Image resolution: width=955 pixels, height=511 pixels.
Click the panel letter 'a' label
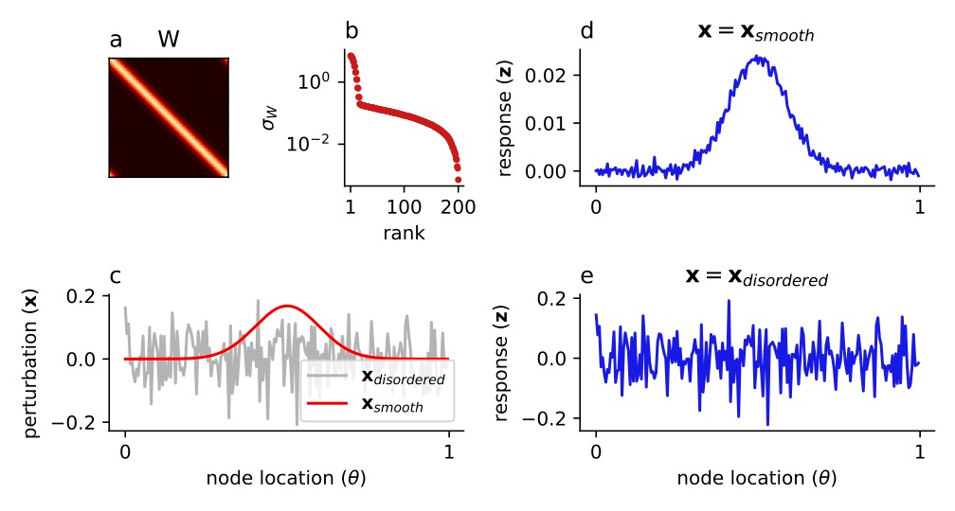(x=116, y=40)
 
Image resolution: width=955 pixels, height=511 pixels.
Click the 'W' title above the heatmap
(x=169, y=39)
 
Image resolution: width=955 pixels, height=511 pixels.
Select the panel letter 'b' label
(x=351, y=31)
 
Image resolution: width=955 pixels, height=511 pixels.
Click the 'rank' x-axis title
(x=405, y=233)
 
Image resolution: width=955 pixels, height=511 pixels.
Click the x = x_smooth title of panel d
(x=755, y=31)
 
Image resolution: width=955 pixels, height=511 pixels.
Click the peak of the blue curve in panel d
(x=759, y=57)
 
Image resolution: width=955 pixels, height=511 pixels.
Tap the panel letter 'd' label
(x=587, y=31)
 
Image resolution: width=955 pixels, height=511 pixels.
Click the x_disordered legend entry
(x=404, y=378)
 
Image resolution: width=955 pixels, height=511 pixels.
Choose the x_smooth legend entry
(x=392, y=405)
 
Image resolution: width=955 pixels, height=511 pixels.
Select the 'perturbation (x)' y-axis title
(x=32, y=366)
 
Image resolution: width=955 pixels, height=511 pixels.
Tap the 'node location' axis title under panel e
(x=756, y=479)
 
